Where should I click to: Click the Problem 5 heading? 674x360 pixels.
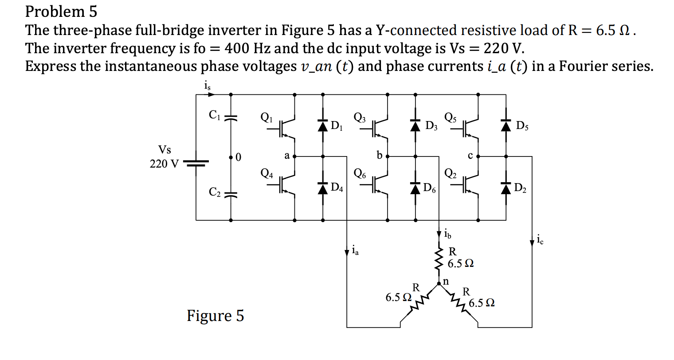coord(61,12)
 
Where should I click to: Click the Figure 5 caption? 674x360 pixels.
coord(215,316)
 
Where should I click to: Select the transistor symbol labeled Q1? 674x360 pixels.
coord(287,128)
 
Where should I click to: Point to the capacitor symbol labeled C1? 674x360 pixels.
coord(230,118)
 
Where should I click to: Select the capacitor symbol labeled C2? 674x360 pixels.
coord(230,194)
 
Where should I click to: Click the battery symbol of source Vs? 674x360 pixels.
coord(196,164)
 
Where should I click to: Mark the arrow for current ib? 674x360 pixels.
coord(439,233)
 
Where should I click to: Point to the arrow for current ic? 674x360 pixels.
coord(532,242)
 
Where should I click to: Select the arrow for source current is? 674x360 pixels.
coord(211,94)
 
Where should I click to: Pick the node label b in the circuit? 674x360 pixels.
coord(379,155)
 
